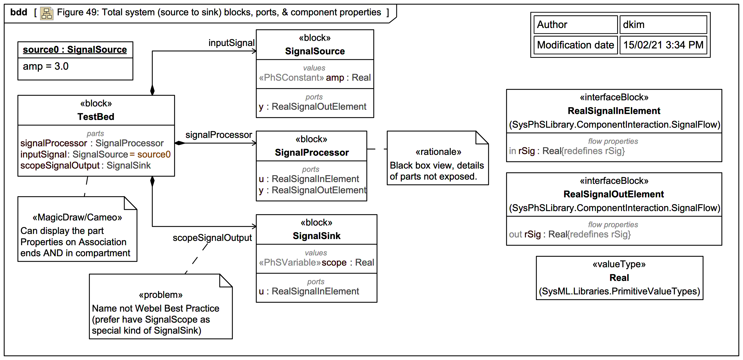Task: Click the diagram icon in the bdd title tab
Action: tap(46, 13)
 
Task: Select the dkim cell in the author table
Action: tap(663, 25)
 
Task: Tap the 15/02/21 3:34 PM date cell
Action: tap(663, 45)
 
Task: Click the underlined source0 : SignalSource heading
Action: tap(75, 50)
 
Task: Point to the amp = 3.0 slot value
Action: tap(46, 66)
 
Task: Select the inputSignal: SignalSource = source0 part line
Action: tap(95, 154)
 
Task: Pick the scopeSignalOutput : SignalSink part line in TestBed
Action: tap(85, 165)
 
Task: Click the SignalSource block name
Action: tap(315, 51)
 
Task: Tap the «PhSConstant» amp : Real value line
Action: tap(315, 78)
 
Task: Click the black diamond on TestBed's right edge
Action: tap(180, 143)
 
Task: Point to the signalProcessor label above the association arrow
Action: tap(218, 135)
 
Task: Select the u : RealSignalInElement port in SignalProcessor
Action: tap(309, 179)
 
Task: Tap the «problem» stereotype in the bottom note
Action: tap(161, 295)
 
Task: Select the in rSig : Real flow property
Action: tap(566, 151)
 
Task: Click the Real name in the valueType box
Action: tap(619, 278)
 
